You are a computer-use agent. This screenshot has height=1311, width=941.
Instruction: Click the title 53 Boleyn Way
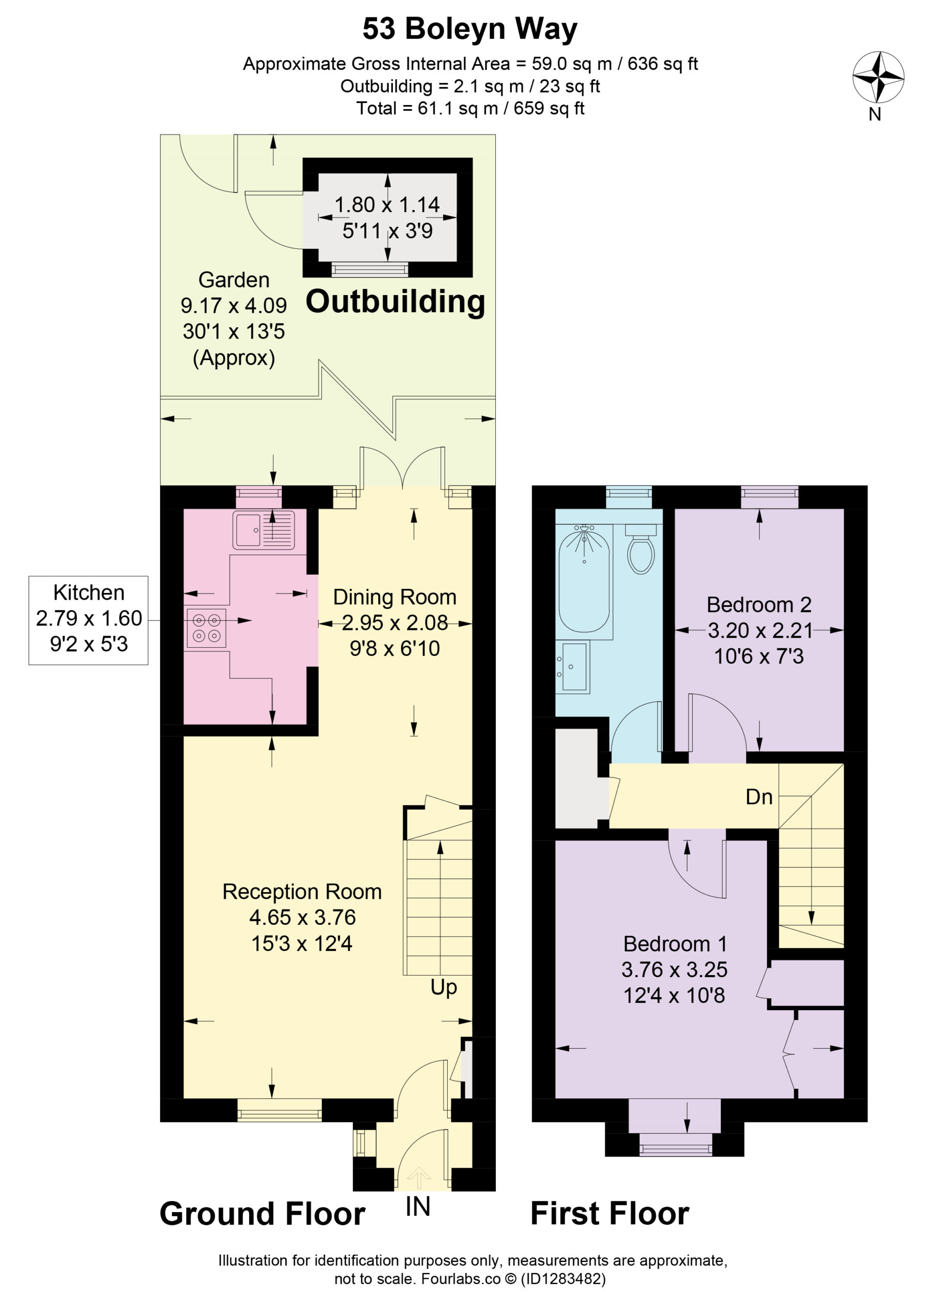(x=470, y=29)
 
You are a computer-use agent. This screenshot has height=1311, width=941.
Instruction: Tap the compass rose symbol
(x=878, y=77)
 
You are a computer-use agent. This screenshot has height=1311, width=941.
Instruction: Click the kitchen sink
(x=264, y=530)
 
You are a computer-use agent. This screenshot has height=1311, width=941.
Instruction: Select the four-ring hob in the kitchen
(x=206, y=628)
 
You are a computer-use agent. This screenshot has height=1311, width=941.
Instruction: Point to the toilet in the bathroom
(x=641, y=548)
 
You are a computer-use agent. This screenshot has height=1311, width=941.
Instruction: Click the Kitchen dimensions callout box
(x=89, y=620)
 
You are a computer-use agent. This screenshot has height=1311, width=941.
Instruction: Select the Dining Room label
(x=395, y=597)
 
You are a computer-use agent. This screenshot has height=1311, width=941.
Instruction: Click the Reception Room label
(x=302, y=892)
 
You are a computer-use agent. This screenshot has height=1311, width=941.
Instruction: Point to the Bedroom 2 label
(x=759, y=605)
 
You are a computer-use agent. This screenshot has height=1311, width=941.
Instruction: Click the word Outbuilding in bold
(x=395, y=301)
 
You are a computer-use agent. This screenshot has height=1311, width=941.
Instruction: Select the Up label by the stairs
(x=444, y=987)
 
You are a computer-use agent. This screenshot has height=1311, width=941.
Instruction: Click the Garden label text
(x=233, y=280)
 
